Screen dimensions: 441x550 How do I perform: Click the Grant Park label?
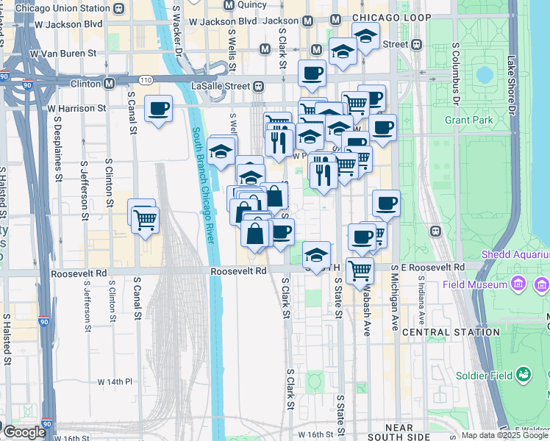pos(468,119)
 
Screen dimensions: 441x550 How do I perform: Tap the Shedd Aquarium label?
pos(515,254)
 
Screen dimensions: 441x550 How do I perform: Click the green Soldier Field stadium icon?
pos(524,375)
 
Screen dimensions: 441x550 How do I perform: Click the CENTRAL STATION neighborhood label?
pos(441,332)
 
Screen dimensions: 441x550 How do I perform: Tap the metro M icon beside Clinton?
pos(109,84)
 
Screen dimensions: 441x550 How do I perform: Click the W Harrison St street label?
pos(77,108)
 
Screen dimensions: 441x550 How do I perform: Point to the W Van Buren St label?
pos(63,53)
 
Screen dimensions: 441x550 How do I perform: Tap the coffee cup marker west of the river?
pos(159,110)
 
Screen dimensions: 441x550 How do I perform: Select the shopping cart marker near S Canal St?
pos(145,218)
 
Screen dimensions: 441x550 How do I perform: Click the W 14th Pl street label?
pos(115,382)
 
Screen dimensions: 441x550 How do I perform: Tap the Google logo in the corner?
pos(24,433)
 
